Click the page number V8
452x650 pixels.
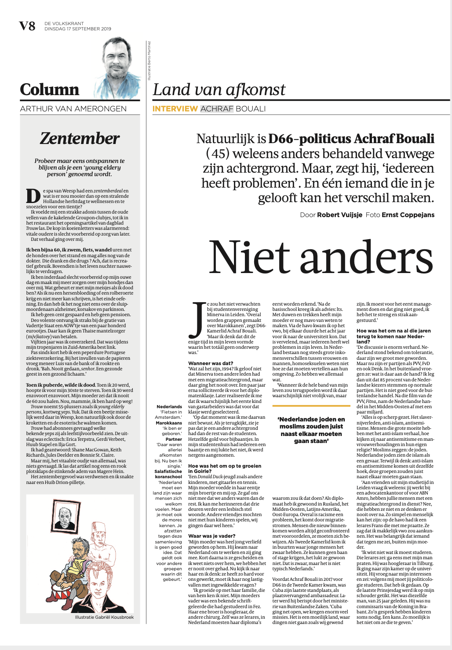pos(27,26)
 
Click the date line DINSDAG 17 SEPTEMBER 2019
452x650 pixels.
pos(77,29)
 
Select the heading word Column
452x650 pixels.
pos(50,89)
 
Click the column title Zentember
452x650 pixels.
pos(80,138)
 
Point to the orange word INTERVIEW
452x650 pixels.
pos(175,109)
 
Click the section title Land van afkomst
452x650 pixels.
pos(219,90)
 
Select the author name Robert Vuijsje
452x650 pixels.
pos(340,215)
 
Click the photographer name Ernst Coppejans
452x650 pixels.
pos(408,215)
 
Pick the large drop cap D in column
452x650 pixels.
pos(33,196)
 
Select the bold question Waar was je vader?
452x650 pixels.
pos(212,536)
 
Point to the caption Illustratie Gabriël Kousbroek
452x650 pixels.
pos(104,617)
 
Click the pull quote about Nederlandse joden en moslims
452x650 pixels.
pos(311,430)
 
